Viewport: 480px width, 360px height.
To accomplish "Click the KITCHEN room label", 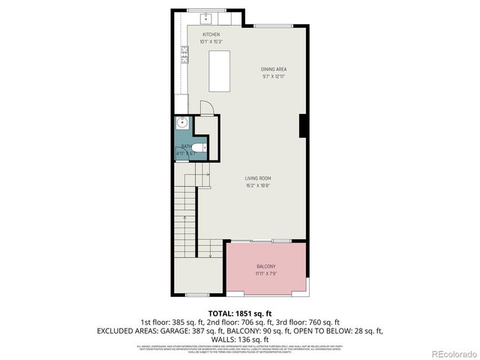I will [210, 34].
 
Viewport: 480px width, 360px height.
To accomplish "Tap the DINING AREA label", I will [274, 69].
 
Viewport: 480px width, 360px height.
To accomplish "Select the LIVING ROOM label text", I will [257, 178].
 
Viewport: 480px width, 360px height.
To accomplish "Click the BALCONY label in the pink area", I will [266, 267].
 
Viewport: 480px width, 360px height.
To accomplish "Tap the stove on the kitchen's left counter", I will [183, 54].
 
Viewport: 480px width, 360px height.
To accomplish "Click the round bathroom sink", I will [181, 124].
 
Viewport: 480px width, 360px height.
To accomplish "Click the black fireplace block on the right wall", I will [302, 124].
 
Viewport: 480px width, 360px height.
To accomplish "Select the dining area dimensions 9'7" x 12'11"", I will [274, 76].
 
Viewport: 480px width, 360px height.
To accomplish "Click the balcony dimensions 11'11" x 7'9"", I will [266, 274].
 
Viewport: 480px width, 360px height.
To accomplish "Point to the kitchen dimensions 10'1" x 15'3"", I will [210, 42].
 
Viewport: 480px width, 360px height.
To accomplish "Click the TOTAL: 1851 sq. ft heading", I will [239, 313].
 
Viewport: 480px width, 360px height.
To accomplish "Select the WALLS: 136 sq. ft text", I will [239, 338].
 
